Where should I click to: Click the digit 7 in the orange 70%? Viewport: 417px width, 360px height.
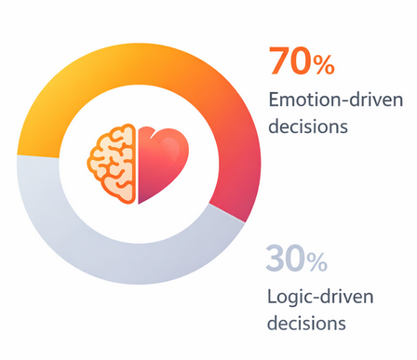(x=278, y=61)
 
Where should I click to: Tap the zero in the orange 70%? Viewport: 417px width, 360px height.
(x=300, y=61)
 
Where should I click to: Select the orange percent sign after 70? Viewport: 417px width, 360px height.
(x=323, y=64)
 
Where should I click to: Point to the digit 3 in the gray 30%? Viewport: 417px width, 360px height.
(x=276, y=260)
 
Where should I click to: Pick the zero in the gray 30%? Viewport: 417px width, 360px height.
(x=297, y=260)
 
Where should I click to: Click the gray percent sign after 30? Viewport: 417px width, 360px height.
(x=317, y=262)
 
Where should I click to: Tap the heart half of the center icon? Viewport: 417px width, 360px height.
(x=162, y=163)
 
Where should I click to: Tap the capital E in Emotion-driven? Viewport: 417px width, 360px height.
(x=273, y=99)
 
